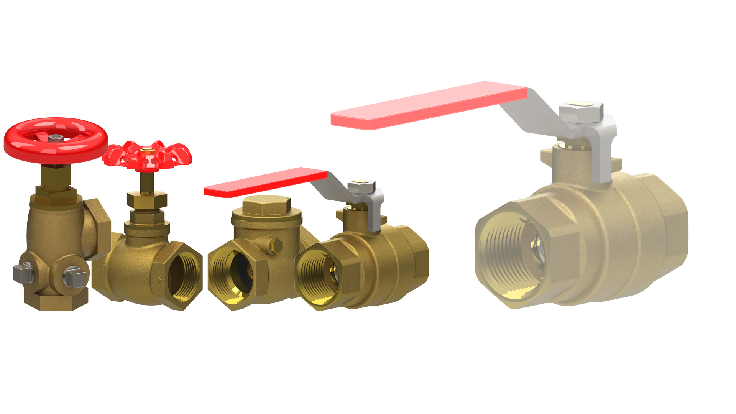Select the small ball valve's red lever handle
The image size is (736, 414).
click(264, 182)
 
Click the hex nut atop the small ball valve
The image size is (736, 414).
click(361, 187)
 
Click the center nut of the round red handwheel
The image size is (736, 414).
click(56, 136)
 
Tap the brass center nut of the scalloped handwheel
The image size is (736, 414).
click(147, 151)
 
